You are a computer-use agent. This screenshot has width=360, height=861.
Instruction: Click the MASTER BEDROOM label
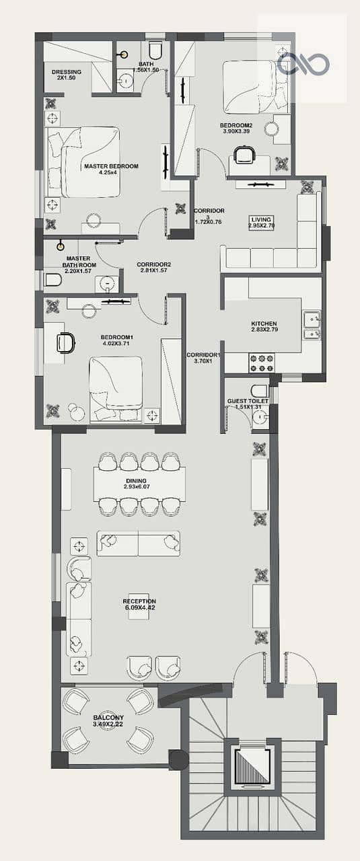click(x=111, y=170)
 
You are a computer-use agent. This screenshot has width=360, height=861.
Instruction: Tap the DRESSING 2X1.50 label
click(x=67, y=75)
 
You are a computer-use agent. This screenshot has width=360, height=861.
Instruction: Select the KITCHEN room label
click(x=264, y=326)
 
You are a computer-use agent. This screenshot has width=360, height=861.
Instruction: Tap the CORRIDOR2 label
click(x=154, y=264)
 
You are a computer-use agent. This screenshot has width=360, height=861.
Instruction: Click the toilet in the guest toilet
click(x=260, y=391)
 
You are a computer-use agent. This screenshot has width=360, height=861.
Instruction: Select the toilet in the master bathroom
click(x=53, y=280)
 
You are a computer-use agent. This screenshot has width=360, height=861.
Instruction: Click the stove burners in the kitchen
click(x=262, y=363)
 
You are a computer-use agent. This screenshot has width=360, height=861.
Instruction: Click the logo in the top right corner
click(x=303, y=63)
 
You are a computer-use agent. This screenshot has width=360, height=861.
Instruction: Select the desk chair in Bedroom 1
click(x=65, y=342)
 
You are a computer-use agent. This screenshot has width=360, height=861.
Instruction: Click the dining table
click(x=139, y=484)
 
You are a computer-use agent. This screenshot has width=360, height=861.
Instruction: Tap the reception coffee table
click(x=139, y=605)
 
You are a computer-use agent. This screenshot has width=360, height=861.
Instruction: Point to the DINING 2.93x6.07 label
click(x=137, y=484)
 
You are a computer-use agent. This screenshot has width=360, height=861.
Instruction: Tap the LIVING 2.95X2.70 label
click(x=262, y=223)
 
